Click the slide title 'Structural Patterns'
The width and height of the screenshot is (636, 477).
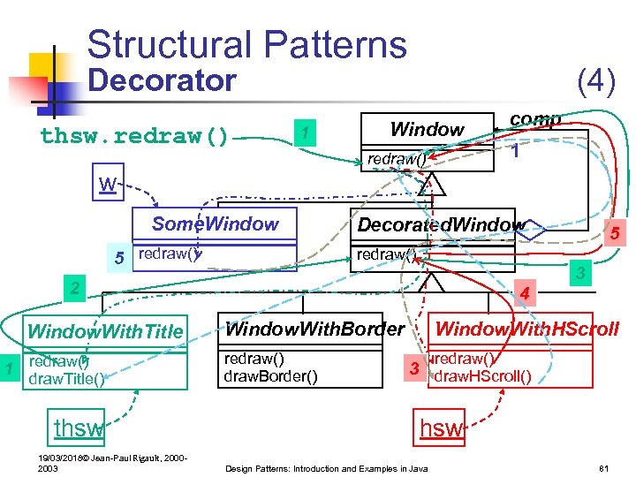point(246,44)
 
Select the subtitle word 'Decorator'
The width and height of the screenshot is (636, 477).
point(163,81)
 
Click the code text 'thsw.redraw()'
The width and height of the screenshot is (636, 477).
point(134,137)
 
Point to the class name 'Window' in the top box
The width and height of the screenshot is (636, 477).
point(427,130)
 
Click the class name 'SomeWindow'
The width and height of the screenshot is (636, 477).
point(215,224)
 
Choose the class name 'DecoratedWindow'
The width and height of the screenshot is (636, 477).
point(440,225)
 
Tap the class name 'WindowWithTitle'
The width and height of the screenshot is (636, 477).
point(105,332)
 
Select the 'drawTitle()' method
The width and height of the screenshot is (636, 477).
point(67,379)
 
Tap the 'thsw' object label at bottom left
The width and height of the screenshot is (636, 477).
point(78,428)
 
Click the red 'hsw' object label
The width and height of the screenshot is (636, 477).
point(441,428)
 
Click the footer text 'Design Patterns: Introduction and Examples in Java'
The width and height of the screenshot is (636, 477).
point(327,466)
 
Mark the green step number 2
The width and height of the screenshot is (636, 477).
point(75,288)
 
